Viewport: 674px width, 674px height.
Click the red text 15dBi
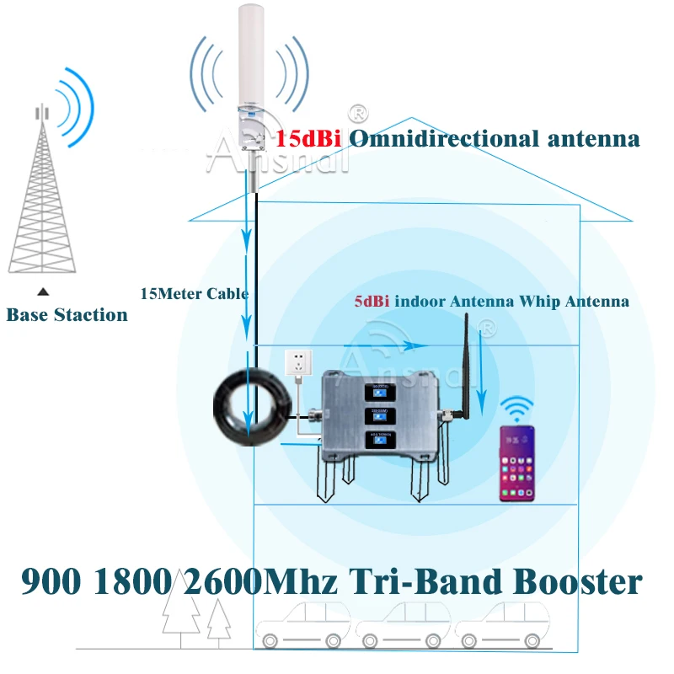[308, 138]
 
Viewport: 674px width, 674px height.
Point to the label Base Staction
[67, 315]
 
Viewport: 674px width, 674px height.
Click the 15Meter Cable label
[194, 294]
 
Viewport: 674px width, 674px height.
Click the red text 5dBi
[371, 301]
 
